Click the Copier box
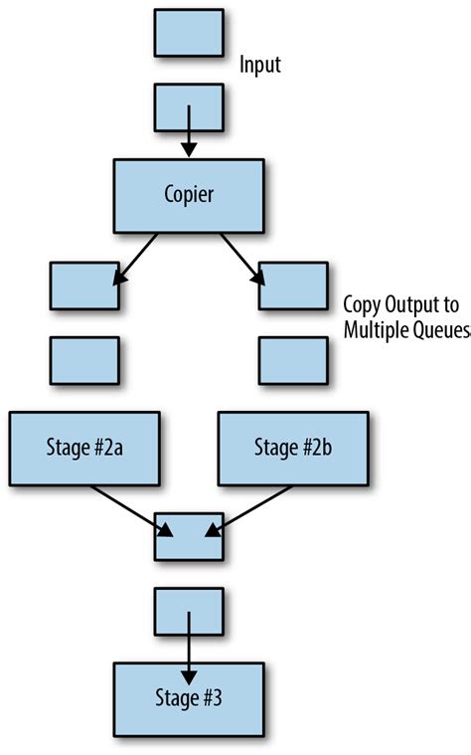(x=190, y=194)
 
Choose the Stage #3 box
(x=189, y=695)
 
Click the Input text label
(x=261, y=67)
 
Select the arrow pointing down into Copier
(x=189, y=134)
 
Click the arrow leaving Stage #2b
(x=252, y=510)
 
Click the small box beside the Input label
(x=189, y=33)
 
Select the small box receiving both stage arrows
(x=189, y=538)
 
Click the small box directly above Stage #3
(x=189, y=610)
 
